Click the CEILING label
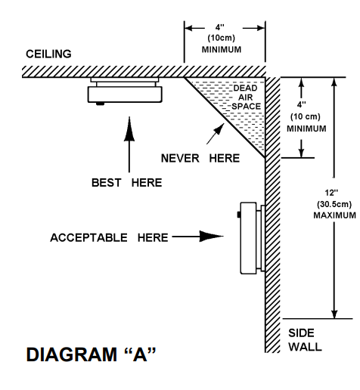click(x=48, y=54)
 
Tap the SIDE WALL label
click(x=305, y=340)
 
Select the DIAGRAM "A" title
click(x=91, y=354)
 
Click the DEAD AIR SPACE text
click(x=246, y=97)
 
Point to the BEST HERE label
click(x=126, y=183)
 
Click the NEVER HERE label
click(x=200, y=159)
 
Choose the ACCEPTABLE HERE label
click(x=109, y=237)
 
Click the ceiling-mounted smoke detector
click(x=125, y=91)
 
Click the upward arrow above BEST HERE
click(x=129, y=144)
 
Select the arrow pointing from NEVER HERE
click(x=216, y=134)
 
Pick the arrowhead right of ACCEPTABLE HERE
click(x=211, y=237)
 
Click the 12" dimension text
click(x=331, y=193)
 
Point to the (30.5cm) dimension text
click(x=334, y=204)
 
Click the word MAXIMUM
click(x=335, y=215)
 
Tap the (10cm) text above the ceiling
click(x=222, y=38)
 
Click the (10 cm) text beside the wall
click(x=306, y=116)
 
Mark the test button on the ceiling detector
click(x=100, y=104)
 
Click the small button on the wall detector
click(x=239, y=215)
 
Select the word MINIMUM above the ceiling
click(x=222, y=49)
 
